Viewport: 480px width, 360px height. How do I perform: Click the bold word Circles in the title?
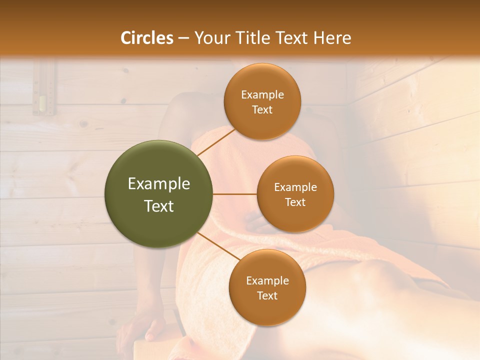[147, 38]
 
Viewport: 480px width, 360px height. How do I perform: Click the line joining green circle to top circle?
[216, 142]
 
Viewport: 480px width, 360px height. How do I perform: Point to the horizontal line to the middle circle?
[235, 194]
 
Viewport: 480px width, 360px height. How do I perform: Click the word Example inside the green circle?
[159, 184]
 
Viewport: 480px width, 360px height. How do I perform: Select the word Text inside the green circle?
[159, 206]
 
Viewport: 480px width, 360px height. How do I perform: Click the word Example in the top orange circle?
[262, 95]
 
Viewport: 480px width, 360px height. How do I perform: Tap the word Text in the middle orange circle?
[295, 202]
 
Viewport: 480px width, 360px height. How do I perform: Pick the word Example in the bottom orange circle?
[267, 281]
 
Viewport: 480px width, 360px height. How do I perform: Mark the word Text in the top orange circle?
[262, 109]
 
